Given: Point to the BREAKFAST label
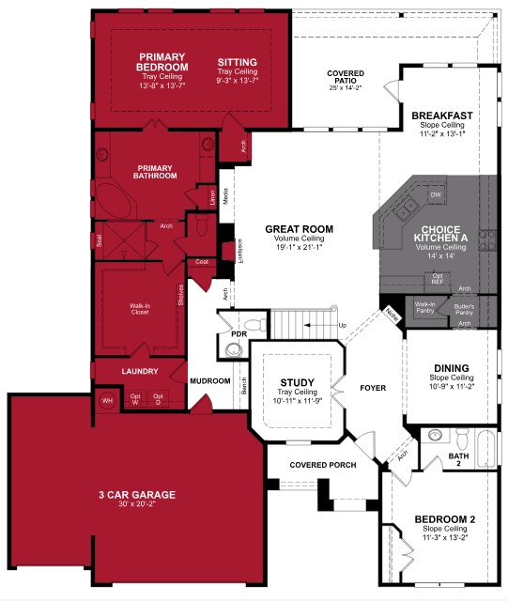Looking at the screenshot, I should pyautogui.click(x=440, y=116).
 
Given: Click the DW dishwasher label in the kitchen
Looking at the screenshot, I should pyautogui.click(x=436, y=194).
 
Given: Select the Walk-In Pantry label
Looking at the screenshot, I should pyautogui.click(x=425, y=308).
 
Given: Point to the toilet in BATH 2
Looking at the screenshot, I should pyautogui.click(x=461, y=438).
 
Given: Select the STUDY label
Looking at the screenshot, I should pyautogui.click(x=297, y=382).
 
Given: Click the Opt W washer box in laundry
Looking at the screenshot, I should pyautogui.click(x=135, y=400).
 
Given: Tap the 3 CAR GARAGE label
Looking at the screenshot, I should pyautogui.click(x=136, y=495).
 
